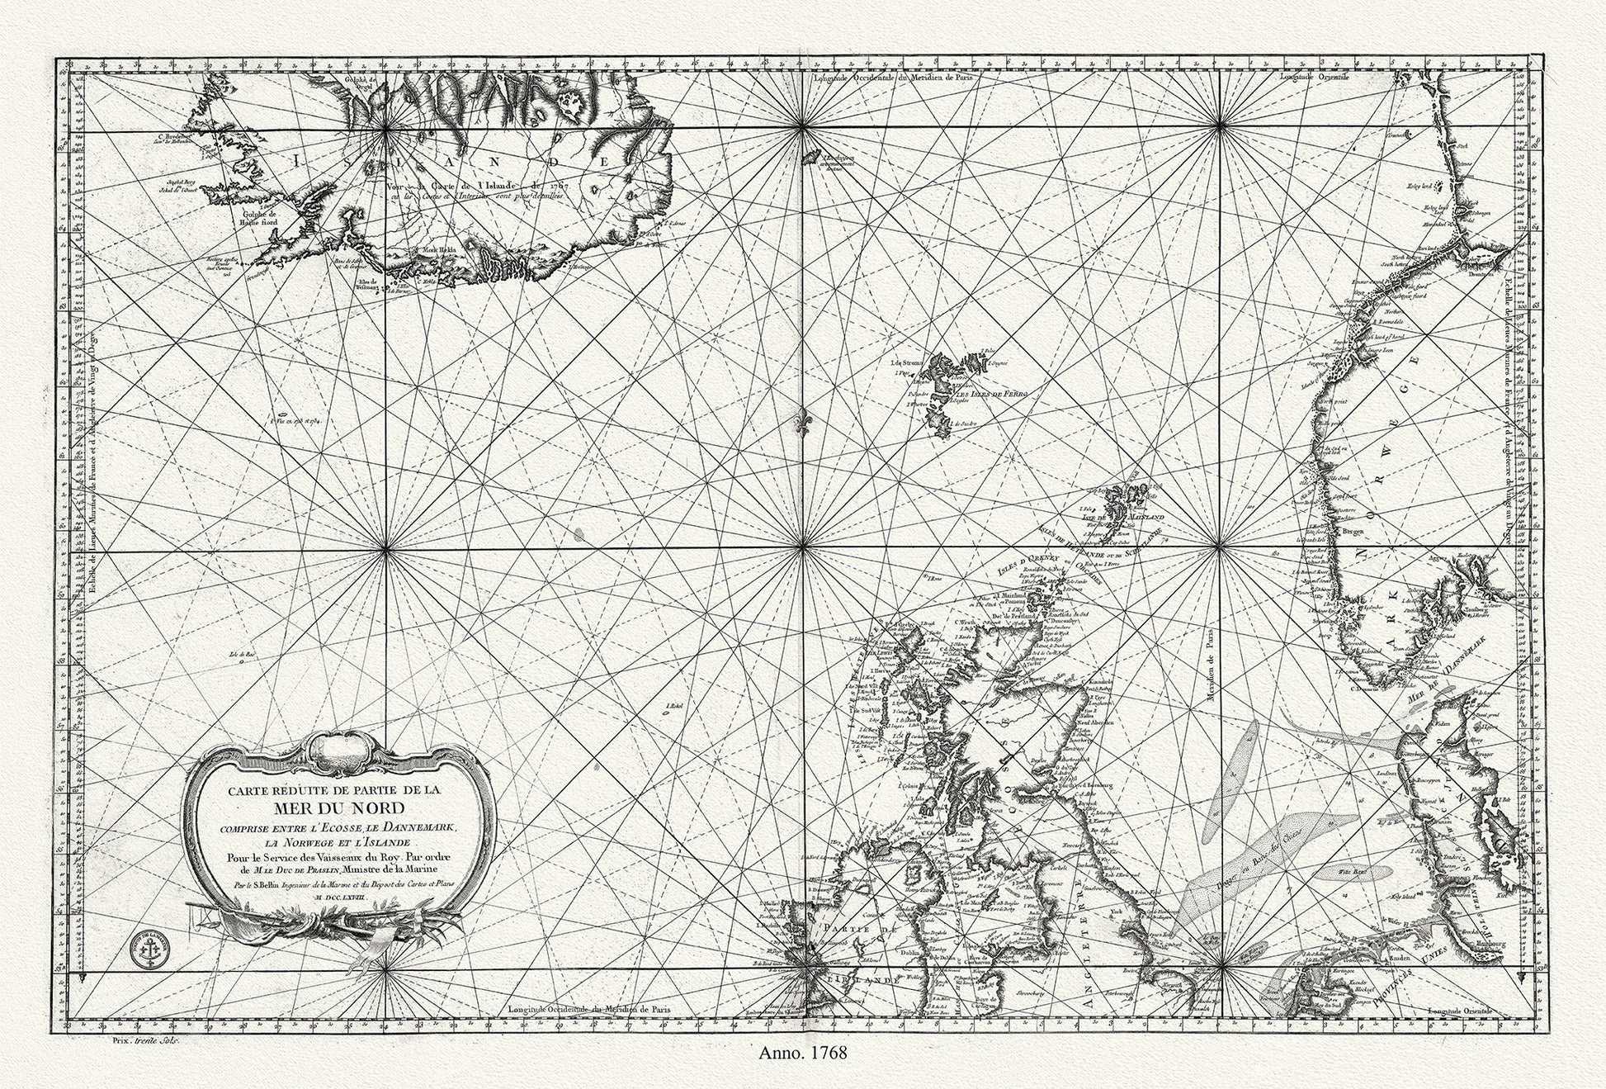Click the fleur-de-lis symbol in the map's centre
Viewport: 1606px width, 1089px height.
(801, 421)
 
